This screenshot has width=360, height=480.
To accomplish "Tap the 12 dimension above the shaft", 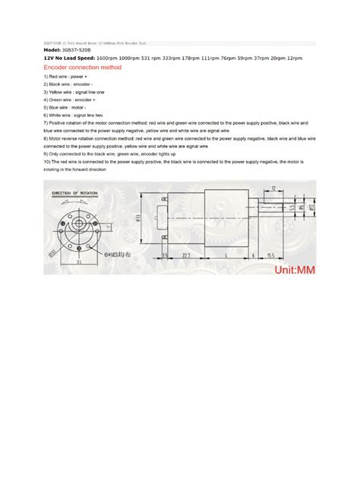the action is tap(272, 187).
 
